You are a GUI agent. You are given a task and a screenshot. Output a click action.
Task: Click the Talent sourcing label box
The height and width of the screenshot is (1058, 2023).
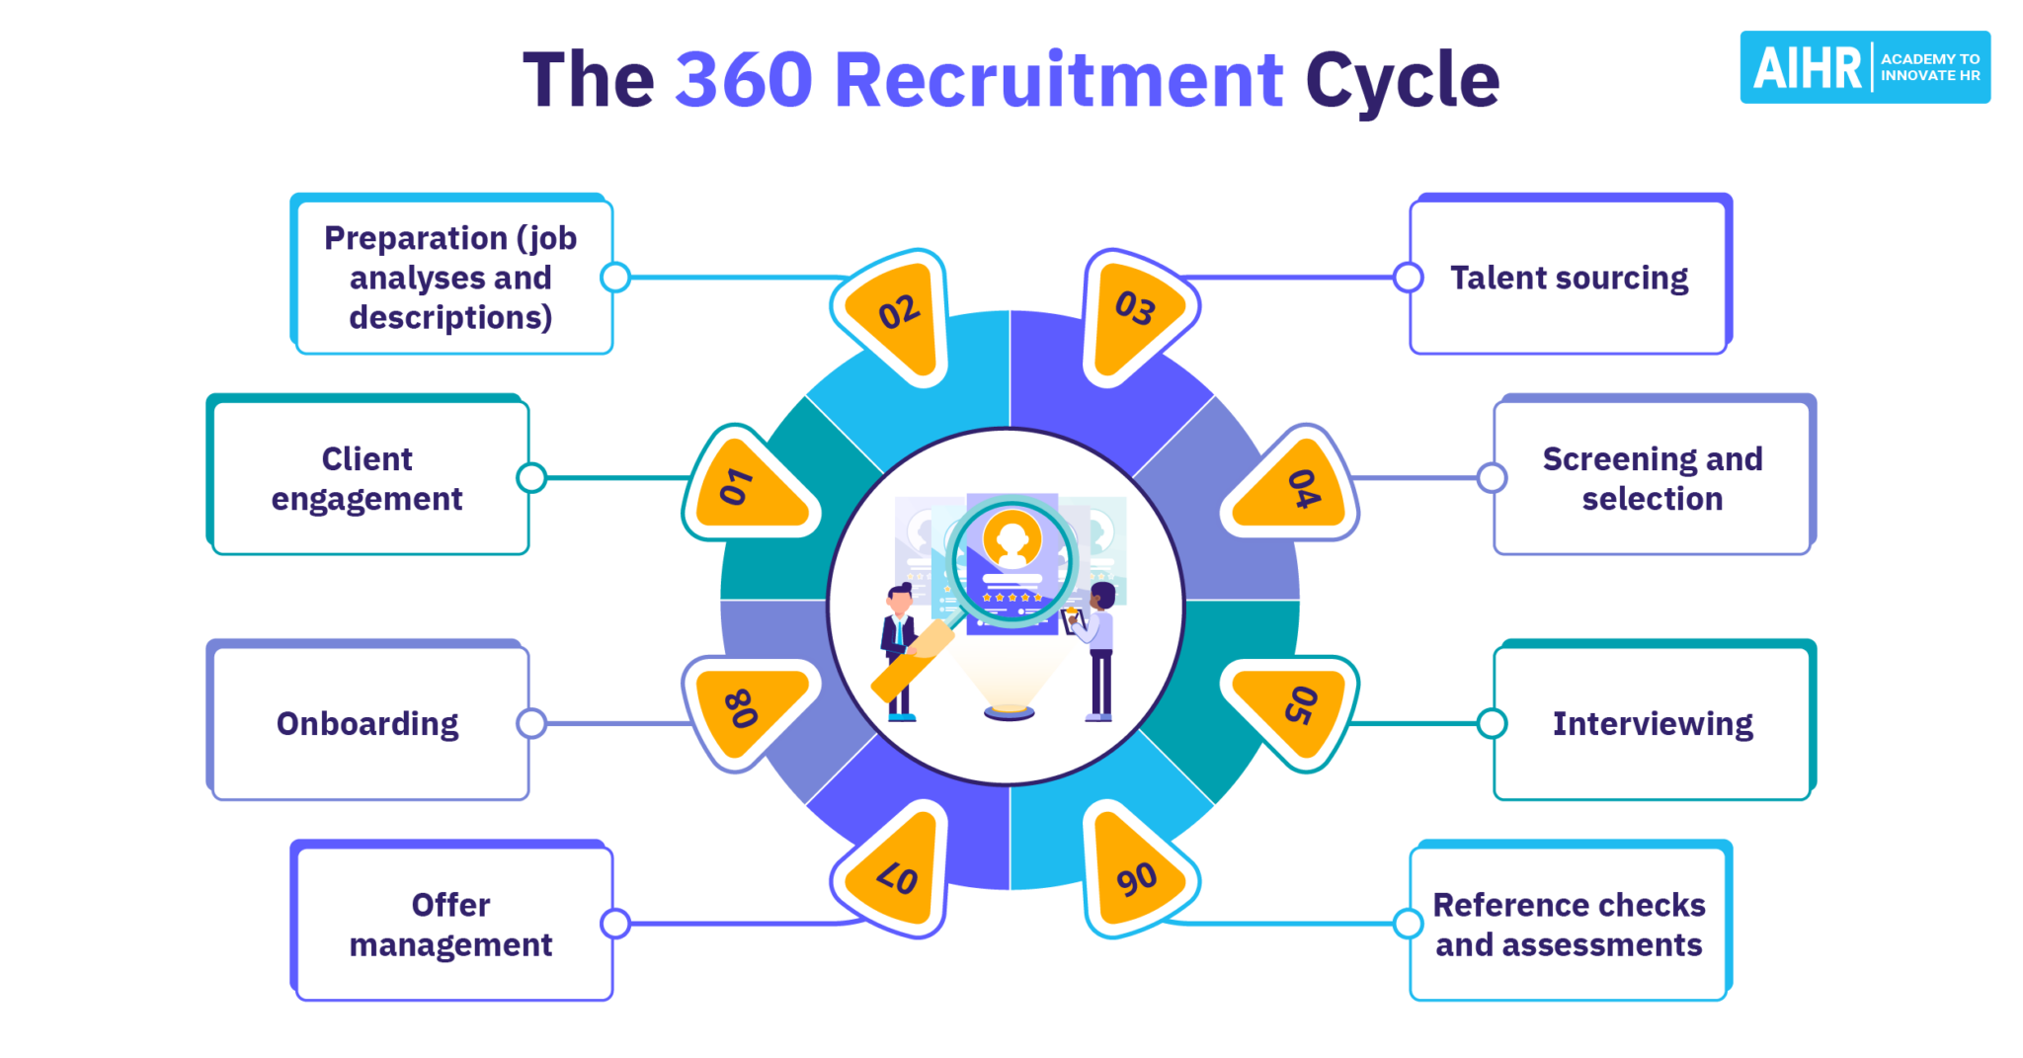[1569, 278]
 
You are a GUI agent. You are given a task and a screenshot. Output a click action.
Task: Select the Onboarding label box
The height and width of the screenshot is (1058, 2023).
[368, 723]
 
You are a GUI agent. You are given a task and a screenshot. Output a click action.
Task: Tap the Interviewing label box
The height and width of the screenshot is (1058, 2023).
[1653, 723]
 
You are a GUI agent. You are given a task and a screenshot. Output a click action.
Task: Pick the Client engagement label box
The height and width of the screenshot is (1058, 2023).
[368, 479]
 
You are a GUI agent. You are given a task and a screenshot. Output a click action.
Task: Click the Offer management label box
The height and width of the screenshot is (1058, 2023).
[452, 925]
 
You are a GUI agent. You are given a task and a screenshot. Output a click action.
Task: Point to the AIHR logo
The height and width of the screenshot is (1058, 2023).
[1864, 67]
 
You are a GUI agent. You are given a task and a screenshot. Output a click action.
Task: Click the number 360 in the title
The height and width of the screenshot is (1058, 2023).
[744, 80]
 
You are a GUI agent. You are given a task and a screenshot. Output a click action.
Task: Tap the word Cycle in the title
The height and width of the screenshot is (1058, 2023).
[1402, 80]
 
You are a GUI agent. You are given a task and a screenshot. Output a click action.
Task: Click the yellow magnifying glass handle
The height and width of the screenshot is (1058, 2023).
[912, 661]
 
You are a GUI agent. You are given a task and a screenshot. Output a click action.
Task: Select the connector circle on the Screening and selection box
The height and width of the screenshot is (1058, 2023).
[1492, 478]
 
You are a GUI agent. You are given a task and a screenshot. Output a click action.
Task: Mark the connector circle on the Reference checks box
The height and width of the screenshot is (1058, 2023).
[1408, 924]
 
